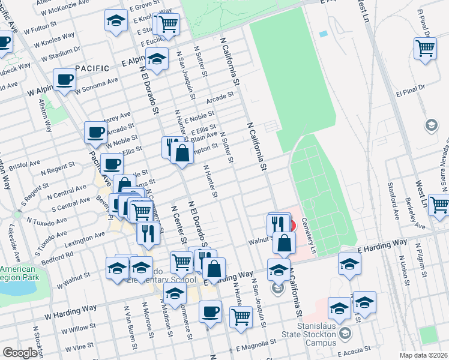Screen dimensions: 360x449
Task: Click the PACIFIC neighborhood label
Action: point(92,68)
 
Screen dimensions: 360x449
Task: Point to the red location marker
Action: point(292,226)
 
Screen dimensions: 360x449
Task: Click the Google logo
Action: point(20,353)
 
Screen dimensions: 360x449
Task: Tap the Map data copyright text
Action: point(424,355)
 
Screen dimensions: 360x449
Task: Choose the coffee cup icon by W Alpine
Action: point(64,80)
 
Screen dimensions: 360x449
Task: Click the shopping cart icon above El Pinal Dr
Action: point(426,49)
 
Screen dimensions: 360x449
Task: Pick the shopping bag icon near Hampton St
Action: point(182,153)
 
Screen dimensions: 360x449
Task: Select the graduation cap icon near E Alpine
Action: point(157,60)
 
